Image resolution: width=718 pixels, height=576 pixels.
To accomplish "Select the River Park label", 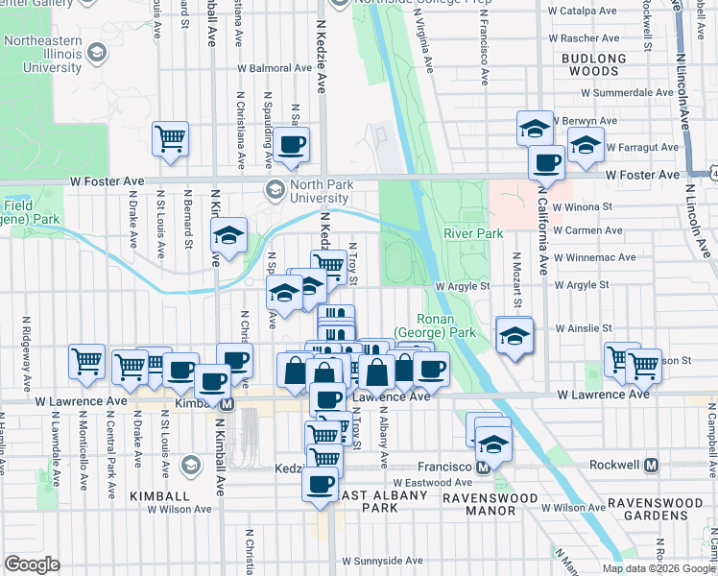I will click(472, 233).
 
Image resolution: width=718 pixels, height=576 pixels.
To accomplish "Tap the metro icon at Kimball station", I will click(227, 404).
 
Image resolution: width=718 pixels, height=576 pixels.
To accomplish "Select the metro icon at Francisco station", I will click(484, 467).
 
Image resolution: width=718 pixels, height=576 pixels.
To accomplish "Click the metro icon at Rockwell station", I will click(651, 465).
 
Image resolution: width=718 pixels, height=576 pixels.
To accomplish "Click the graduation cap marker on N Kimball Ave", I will click(229, 235).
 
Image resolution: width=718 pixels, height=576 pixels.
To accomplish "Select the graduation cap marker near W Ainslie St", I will click(515, 336).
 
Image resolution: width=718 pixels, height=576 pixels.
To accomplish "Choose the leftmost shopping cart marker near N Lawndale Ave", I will click(86, 361).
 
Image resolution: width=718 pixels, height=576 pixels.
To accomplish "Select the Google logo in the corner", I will click(32, 564).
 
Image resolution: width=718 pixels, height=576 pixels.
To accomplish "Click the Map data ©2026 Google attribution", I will click(658, 568).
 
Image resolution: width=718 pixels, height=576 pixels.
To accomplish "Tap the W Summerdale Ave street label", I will click(626, 93).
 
